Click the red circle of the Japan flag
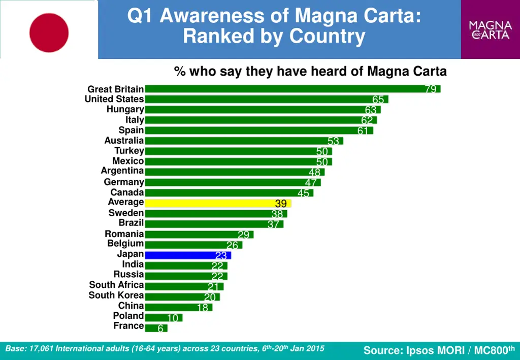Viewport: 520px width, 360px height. coord(49,32)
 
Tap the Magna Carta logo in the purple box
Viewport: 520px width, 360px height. coord(490,29)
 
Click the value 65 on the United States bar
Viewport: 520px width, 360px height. coord(378,100)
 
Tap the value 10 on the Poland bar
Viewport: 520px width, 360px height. coord(173,318)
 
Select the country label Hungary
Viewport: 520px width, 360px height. coord(125,109)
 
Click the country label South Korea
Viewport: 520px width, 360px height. coord(116,295)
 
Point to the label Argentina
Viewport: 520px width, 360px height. coord(122,171)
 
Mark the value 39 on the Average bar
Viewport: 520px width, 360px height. coord(281,204)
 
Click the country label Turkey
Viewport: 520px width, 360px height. coord(129,151)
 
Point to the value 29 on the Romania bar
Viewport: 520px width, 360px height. coord(244,235)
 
